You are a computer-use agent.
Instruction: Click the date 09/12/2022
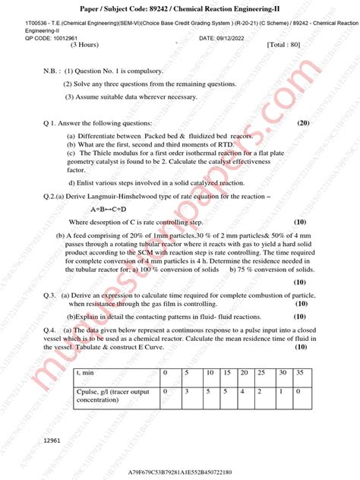pyautogui.click(x=240, y=38)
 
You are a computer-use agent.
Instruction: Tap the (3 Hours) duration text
pyautogui.click(x=88, y=45)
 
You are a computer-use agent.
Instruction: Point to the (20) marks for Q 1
pyautogui.click(x=303, y=122)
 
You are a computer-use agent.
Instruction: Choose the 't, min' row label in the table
pyautogui.click(x=84, y=374)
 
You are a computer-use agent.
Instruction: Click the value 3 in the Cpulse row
pyautogui.click(x=186, y=390)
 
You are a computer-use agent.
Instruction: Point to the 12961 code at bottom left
pyautogui.click(x=52, y=440)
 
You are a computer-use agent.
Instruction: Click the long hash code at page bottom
pyautogui.click(x=180, y=472)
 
